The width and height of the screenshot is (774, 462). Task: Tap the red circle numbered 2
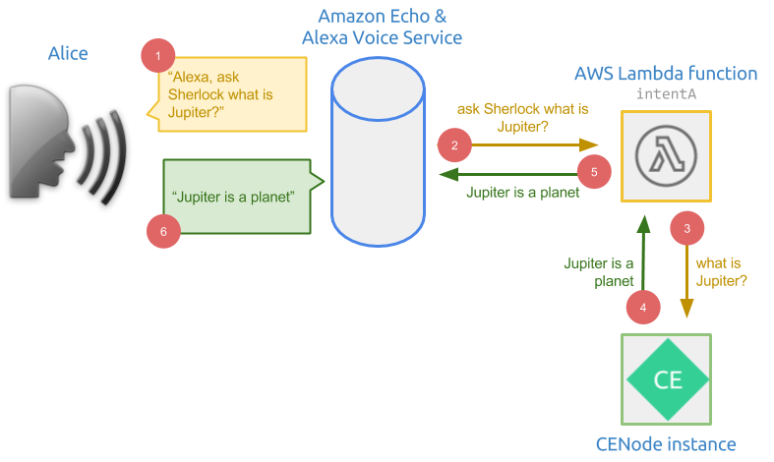(454, 145)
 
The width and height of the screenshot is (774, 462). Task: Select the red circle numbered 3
(686, 228)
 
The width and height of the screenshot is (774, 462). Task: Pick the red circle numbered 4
(643, 307)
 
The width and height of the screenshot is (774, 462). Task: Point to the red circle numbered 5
(593, 171)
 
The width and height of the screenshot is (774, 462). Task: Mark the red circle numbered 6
(163, 231)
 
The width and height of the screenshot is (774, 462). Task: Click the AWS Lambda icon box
(666, 156)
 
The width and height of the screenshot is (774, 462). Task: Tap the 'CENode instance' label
(666, 443)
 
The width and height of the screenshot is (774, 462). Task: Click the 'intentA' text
(666, 95)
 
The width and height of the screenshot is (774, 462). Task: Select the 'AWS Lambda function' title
(665, 74)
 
